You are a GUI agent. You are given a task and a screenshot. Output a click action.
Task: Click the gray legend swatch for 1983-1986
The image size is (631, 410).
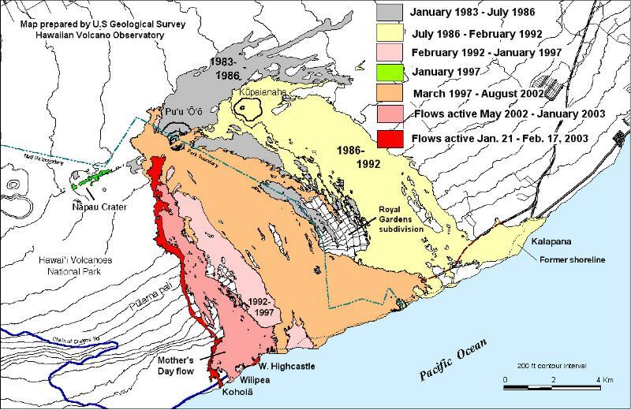pos(392,13)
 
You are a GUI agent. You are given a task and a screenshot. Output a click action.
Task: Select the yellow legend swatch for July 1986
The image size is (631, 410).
pos(392,33)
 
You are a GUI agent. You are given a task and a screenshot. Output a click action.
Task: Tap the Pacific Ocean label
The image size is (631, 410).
pos(454,360)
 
